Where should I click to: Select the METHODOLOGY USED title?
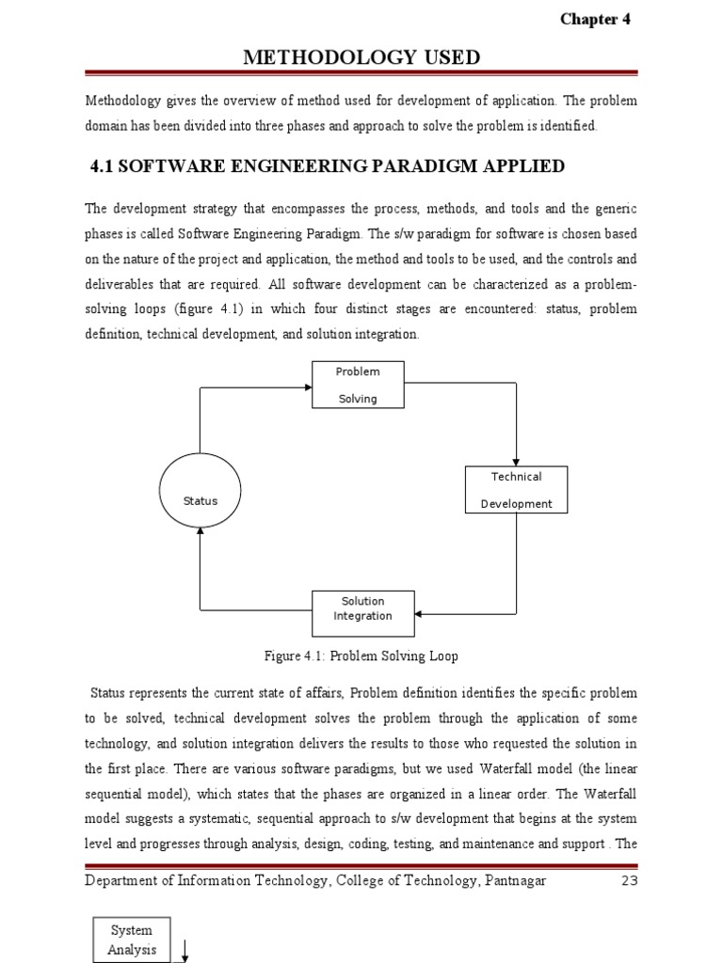pos(361,57)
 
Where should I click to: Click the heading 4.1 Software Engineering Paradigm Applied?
pos(327,166)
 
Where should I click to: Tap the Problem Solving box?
pos(358,385)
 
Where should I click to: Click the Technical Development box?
pos(517,490)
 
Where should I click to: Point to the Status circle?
pos(200,500)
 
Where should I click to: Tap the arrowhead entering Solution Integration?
pos(419,613)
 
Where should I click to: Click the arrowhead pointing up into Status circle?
pos(200,531)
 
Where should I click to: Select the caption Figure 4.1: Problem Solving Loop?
pos(362,655)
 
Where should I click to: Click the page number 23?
pos(629,880)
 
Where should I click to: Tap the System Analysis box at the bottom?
pos(132,939)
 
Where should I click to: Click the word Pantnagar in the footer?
pos(514,880)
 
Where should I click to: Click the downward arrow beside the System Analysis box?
pos(185,952)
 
